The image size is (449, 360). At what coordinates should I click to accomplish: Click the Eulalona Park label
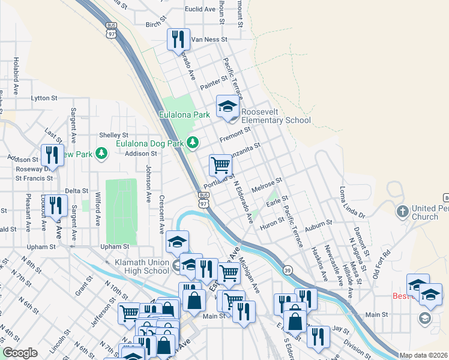click(184, 114)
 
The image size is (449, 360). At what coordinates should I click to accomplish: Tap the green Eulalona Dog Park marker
click(193, 142)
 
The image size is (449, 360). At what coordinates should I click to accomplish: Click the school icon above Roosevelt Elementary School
click(228, 107)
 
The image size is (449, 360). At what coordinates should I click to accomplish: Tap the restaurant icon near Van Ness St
click(178, 40)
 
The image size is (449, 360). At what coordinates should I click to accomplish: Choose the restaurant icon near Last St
click(52, 155)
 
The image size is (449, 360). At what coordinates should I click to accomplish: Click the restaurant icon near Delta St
click(56, 206)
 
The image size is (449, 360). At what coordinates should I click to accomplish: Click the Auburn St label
click(318, 223)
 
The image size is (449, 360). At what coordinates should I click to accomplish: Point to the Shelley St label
click(114, 135)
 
